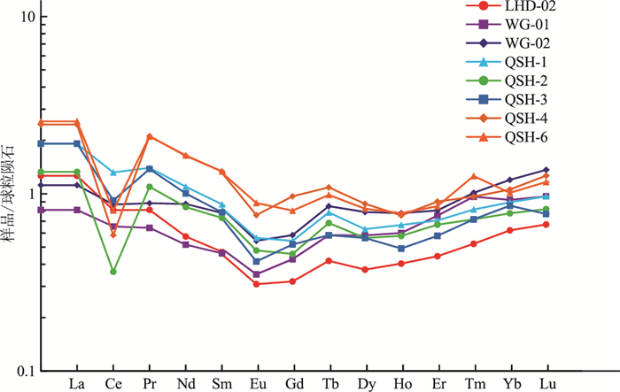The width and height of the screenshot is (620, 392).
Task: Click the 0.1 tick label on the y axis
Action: (x=23, y=371)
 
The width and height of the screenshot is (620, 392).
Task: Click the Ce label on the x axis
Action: (x=112, y=385)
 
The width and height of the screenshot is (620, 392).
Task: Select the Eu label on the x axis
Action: (x=257, y=385)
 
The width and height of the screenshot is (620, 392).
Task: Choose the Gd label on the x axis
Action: (x=293, y=385)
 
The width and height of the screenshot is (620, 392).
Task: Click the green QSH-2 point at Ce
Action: (x=112, y=272)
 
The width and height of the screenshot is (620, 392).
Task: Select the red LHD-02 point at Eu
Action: (x=257, y=284)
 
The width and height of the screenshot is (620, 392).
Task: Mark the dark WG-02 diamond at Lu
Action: (x=546, y=170)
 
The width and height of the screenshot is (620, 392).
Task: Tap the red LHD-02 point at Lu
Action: (x=546, y=225)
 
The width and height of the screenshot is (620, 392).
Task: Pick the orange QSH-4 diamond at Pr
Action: (x=149, y=136)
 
